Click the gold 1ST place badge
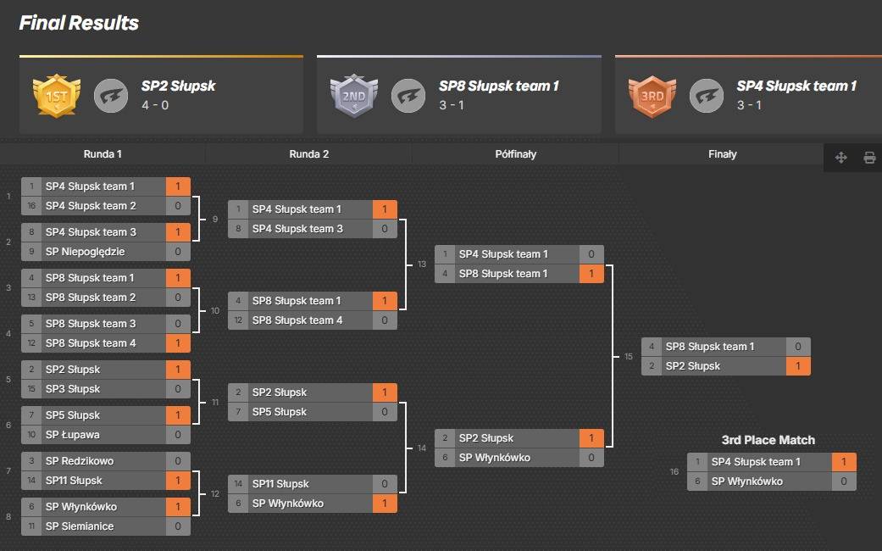point(56,96)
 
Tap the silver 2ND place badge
point(354,96)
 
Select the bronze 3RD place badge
point(652,96)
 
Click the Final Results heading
point(79,23)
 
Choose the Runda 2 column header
point(308,154)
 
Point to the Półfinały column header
point(515,154)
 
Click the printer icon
point(869,158)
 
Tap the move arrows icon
point(841,158)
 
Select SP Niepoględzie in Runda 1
point(85,252)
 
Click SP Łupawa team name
point(73,435)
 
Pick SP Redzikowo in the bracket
point(80,461)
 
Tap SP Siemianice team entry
point(80,526)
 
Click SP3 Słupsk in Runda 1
point(73,389)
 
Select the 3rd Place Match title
point(768,440)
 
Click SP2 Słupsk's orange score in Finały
point(797,366)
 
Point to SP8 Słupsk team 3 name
point(91,324)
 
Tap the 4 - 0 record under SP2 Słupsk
point(155,105)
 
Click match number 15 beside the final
point(629,356)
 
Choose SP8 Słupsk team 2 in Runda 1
point(91,298)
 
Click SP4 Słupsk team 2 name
point(91,206)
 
